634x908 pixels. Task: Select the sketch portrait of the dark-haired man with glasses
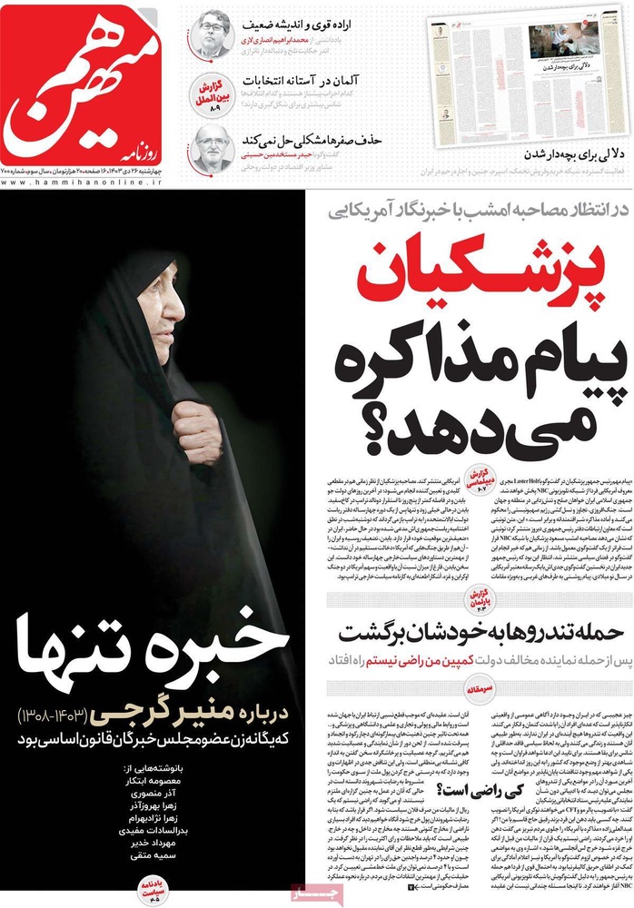pyautogui.click(x=211, y=34)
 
